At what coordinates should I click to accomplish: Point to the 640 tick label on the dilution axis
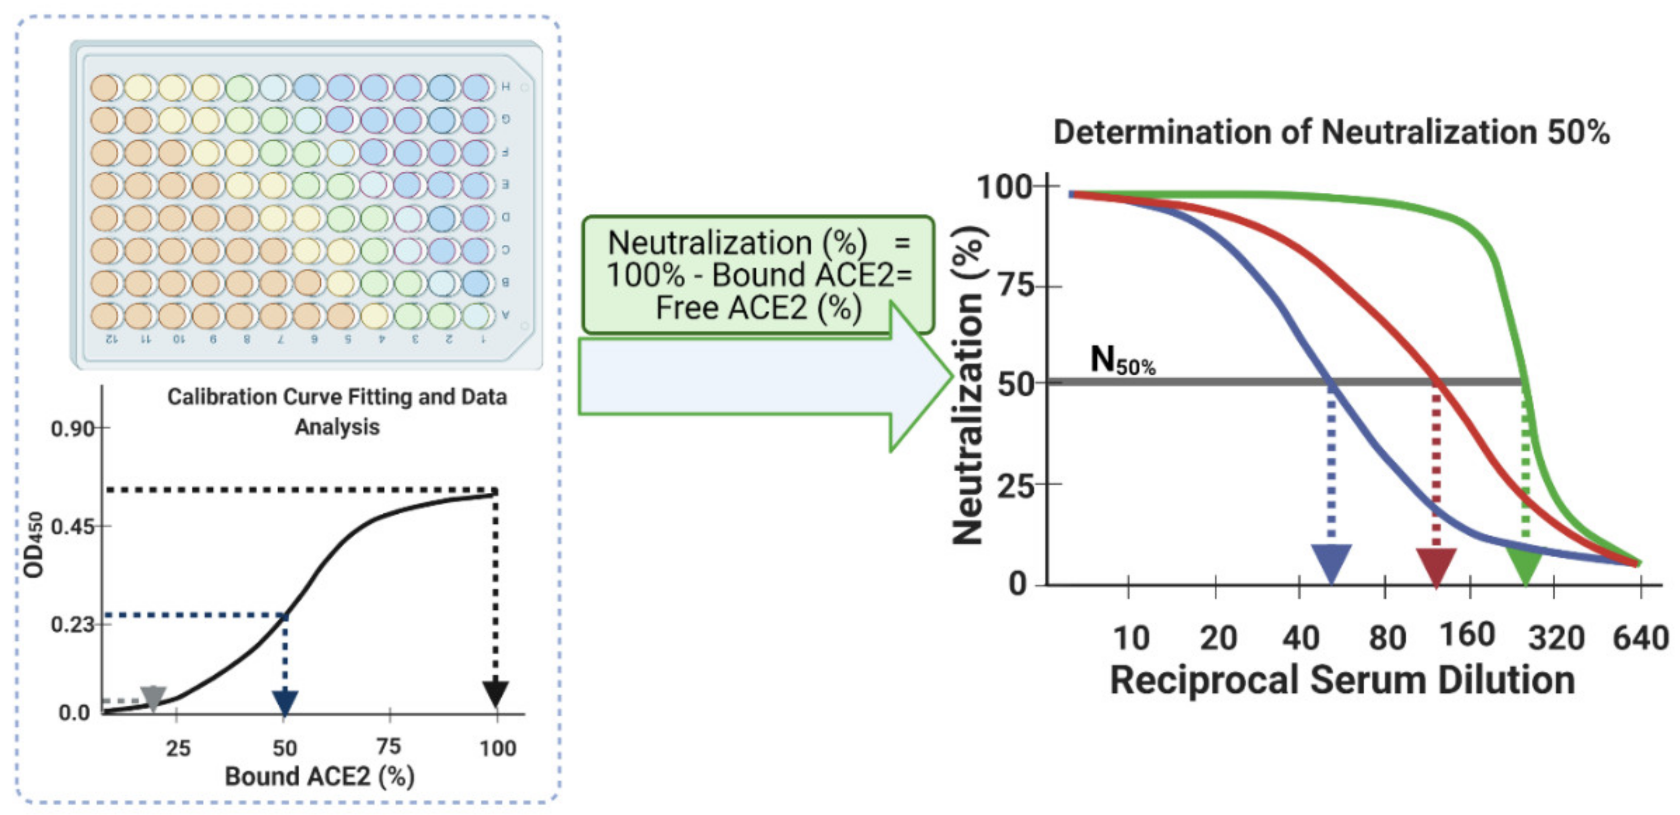click(1641, 638)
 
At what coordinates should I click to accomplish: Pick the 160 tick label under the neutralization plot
click(1467, 635)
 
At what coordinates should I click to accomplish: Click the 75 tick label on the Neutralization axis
click(1017, 286)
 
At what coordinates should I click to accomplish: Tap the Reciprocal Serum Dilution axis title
click(1342, 680)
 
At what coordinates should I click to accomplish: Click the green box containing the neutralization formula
click(758, 275)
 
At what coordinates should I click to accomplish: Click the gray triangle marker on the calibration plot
click(153, 697)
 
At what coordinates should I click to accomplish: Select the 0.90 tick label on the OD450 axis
click(72, 429)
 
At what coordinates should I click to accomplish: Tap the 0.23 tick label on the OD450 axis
click(72, 624)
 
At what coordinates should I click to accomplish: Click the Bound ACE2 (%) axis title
click(319, 776)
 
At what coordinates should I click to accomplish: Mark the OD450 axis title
click(34, 545)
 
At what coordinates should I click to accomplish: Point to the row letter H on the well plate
click(505, 87)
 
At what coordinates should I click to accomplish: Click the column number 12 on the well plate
click(111, 339)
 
